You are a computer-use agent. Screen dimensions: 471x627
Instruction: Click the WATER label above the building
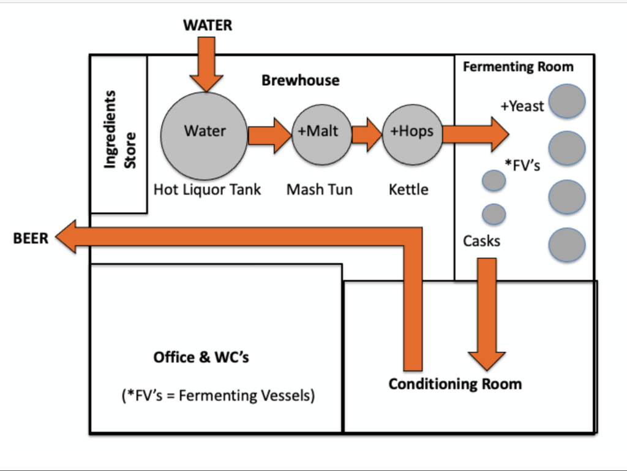[208, 25]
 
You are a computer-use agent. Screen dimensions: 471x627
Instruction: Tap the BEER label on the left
[31, 238]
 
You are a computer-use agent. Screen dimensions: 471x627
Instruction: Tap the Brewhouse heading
[300, 80]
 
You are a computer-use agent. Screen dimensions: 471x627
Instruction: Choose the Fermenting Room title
[518, 67]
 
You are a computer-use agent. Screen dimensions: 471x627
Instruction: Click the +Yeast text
[522, 106]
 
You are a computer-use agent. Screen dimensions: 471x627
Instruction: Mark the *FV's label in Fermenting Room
[522, 164]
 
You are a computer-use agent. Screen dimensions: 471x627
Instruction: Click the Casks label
[481, 241]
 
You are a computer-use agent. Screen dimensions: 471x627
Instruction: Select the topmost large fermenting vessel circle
[567, 102]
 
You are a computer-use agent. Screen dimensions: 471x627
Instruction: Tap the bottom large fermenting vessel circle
[567, 245]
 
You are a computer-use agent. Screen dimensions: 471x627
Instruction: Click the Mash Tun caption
[319, 190]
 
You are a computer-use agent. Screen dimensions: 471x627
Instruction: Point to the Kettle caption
[408, 190]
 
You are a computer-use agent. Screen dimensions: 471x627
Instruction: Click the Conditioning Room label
[455, 384]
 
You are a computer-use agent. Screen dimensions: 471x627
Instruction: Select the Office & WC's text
[201, 357]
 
